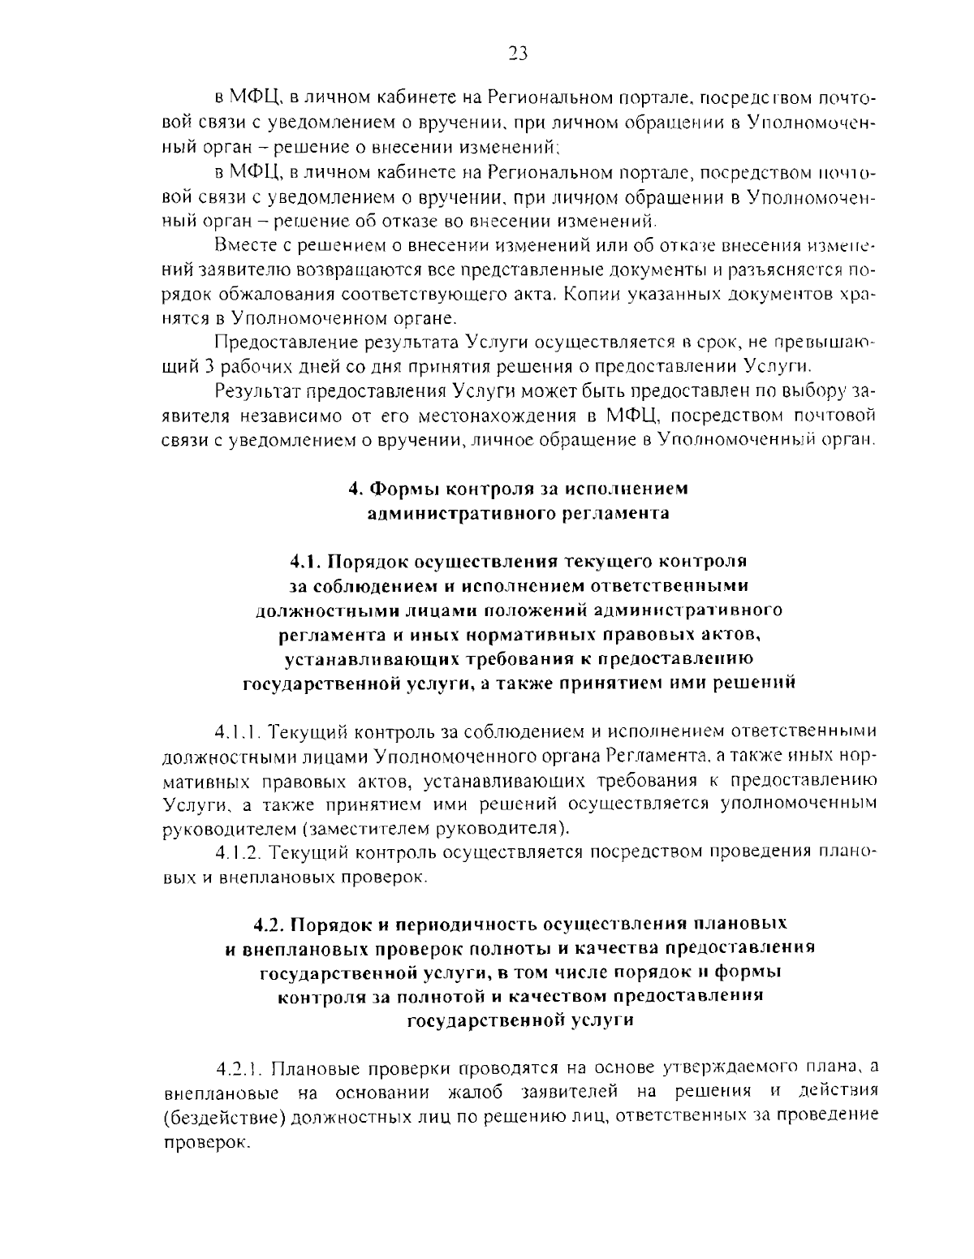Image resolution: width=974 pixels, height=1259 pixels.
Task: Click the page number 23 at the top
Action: tap(517, 54)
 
